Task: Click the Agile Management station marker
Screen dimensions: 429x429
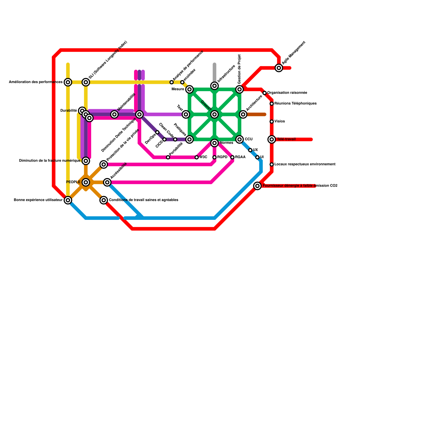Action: coord(279,68)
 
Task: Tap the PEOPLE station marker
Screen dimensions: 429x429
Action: coord(86,182)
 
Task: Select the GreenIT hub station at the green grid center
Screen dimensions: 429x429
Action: coord(214,114)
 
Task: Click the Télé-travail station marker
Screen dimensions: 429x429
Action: coord(272,139)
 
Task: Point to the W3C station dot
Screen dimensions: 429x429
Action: coord(197,157)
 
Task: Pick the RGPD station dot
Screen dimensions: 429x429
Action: coord(214,157)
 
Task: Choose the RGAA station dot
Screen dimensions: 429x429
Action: coord(232,157)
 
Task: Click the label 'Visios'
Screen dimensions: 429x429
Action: coord(280,121)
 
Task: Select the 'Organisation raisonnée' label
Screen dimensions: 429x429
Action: coord(287,93)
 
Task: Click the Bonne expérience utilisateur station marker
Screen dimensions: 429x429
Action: coord(68,200)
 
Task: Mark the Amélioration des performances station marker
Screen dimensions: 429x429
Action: coord(68,82)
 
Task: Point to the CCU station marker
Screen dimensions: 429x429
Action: coord(239,139)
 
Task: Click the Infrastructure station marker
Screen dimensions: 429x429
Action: coord(214,86)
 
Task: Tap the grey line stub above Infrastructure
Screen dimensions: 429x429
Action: coord(214,71)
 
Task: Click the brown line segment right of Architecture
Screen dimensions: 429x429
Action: coord(256,115)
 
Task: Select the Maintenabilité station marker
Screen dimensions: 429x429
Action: coord(114,114)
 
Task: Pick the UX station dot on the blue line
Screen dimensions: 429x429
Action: coord(250,150)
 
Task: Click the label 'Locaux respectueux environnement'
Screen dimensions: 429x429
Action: coord(305,164)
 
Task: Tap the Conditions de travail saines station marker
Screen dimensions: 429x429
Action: coord(104,200)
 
